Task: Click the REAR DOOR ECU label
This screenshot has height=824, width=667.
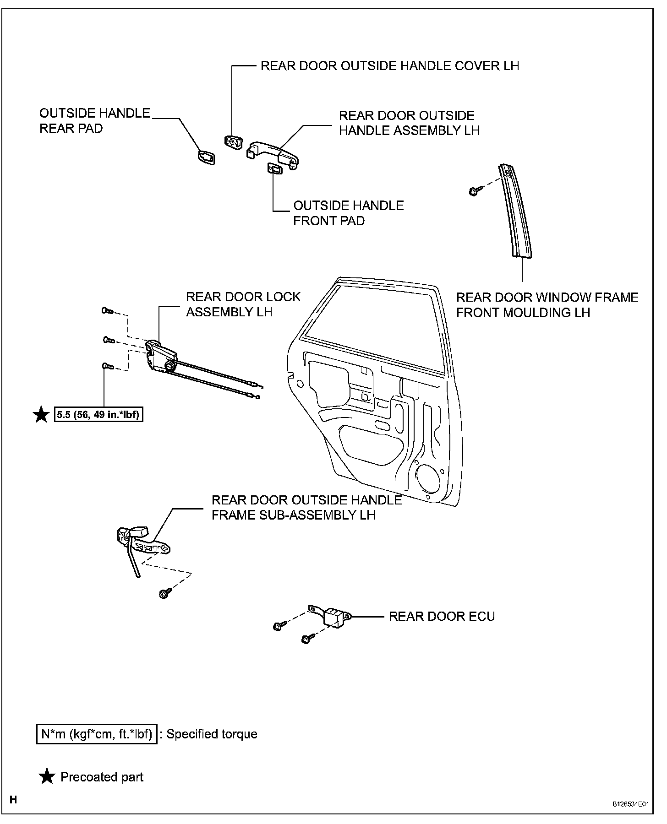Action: tap(442, 616)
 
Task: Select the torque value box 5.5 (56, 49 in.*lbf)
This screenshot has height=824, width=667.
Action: tap(98, 415)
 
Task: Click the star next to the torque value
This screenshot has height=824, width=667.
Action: tap(42, 415)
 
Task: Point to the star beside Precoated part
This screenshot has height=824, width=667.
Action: tap(47, 776)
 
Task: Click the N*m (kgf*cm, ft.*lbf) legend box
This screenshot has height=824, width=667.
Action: tap(97, 734)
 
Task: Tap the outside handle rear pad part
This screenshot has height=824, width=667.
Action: tap(207, 157)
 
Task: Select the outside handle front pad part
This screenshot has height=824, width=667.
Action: tap(274, 169)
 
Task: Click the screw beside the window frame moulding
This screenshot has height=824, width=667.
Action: tap(475, 190)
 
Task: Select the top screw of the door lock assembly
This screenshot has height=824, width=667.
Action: tap(107, 311)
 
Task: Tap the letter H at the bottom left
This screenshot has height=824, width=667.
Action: tap(14, 800)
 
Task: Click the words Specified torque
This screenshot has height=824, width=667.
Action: tap(212, 734)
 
